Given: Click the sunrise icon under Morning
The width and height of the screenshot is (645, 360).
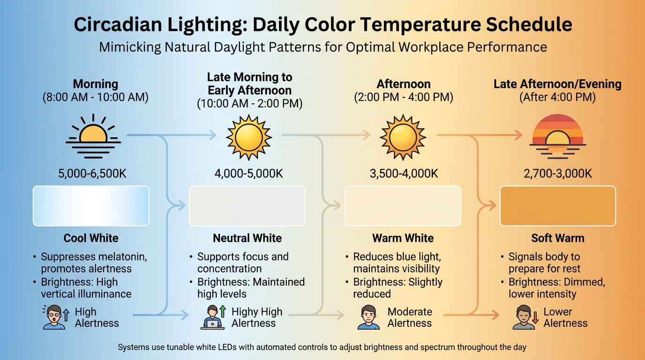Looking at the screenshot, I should (93, 133).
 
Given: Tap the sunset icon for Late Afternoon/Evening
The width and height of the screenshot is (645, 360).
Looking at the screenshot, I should (557, 133).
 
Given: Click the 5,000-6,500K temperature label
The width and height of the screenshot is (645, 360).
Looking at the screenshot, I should (92, 174).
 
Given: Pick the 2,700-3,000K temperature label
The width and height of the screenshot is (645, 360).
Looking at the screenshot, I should (557, 174).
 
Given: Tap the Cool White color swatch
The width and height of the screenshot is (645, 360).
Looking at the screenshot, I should (91, 206).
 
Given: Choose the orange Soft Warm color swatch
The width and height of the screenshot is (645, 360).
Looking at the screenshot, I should (557, 206).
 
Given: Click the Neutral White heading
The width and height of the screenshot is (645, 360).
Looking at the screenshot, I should (247, 238).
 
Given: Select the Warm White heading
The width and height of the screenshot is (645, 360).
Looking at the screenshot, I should (403, 238).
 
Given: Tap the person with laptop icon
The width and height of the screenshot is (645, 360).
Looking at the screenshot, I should (212, 318).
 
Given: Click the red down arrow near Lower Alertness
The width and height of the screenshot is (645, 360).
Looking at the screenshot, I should (535, 318).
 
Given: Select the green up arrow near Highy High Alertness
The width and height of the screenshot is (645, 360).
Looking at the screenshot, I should (223, 311).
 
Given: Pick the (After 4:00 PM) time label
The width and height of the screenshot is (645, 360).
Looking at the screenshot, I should (557, 97).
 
